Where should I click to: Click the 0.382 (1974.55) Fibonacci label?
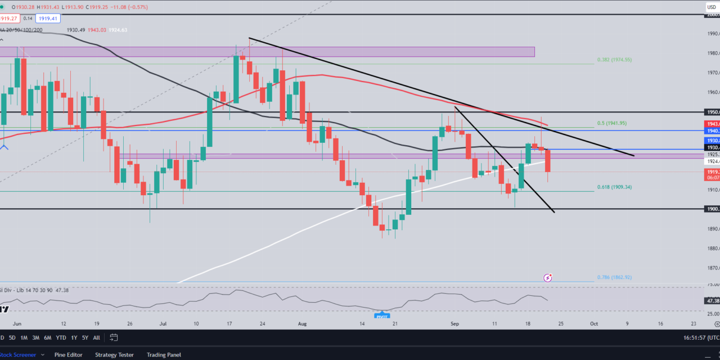tap(614, 60)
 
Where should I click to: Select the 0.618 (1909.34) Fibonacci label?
tap(614, 187)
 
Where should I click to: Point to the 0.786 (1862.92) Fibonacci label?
tap(614, 277)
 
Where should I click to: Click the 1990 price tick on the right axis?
tap(713, 34)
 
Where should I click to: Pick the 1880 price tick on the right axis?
tap(713, 249)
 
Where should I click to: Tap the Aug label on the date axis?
tap(302, 324)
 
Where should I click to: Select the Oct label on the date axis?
tap(594, 324)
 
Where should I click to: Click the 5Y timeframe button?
tap(84, 337)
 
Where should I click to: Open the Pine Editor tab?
tap(68, 355)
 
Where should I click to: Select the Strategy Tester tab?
tap(114, 355)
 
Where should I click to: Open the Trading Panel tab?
tap(164, 355)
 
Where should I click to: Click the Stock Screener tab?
tap(20, 355)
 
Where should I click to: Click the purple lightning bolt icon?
tap(547, 278)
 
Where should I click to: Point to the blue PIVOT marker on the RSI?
tap(382, 315)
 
